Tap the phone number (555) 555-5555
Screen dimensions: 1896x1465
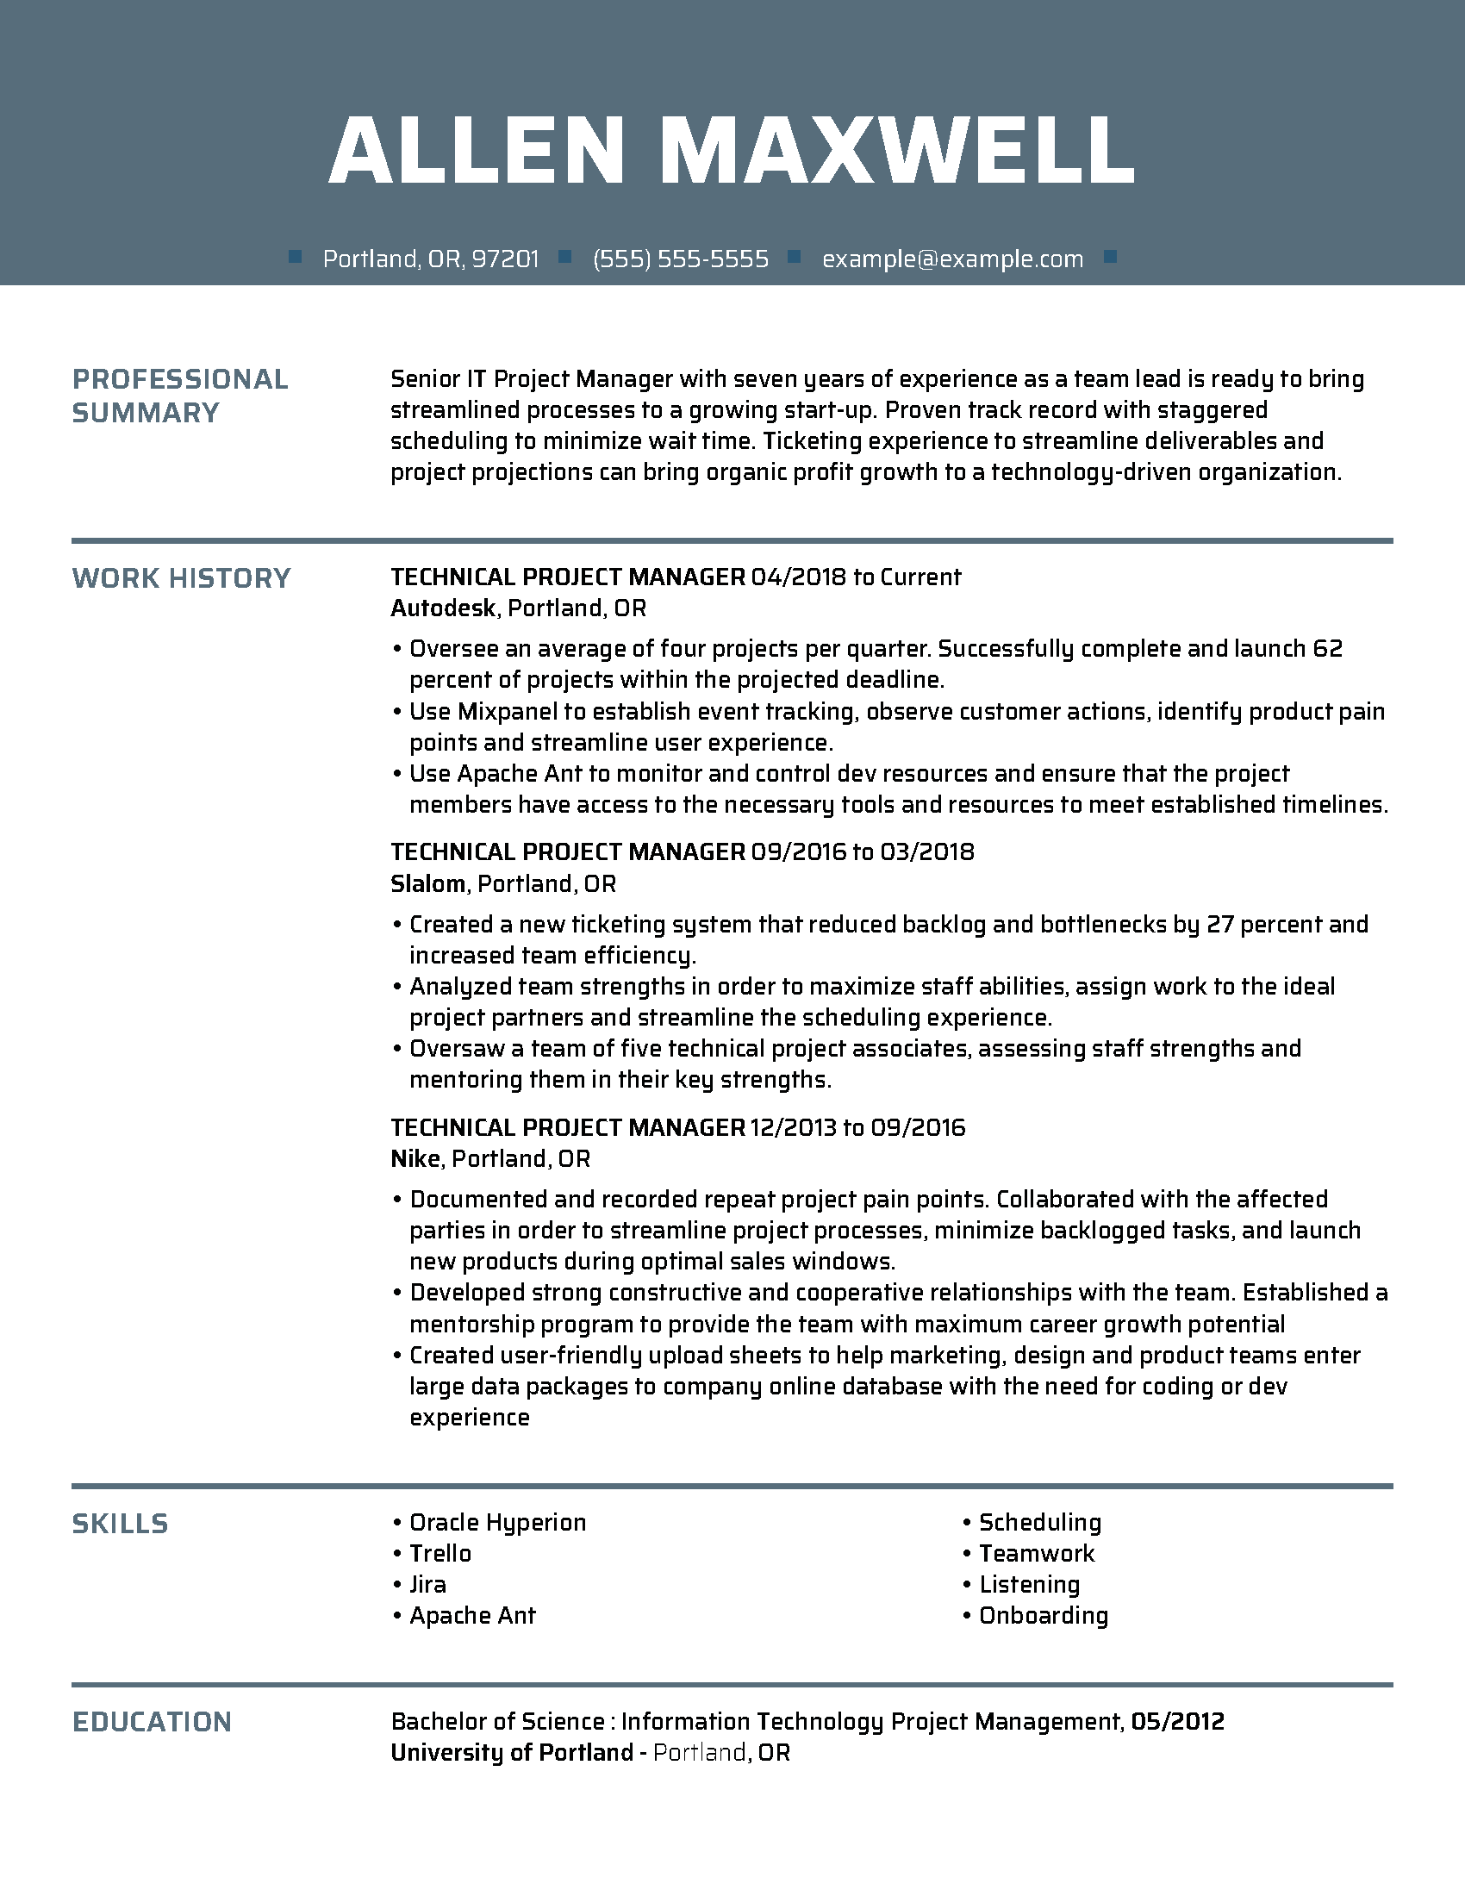click(681, 259)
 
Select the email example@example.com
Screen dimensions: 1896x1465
click(952, 259)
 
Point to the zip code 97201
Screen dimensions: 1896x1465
click(505, 259)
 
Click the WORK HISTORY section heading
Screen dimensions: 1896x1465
click(180, 578)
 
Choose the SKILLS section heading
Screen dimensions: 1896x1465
click(120, 1524)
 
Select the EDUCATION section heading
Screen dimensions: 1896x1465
click(152, 1723)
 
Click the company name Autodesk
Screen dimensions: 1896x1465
click(443, 608)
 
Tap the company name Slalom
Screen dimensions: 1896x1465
click(428, 883)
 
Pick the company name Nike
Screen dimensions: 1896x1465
click(415, 1159)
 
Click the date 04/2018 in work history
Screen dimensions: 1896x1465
click(798, 577)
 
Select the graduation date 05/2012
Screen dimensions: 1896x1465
click(1177, 1722)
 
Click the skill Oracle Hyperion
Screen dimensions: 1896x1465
click(497, 1523)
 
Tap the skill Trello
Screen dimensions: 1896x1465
click(440, 1554)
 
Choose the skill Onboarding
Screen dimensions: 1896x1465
click(1044, 1616)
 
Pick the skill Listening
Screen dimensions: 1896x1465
click(1029, 1585)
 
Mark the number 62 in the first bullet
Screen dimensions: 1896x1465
click(1328, 649)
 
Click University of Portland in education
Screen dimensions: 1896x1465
click(512, 1753)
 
